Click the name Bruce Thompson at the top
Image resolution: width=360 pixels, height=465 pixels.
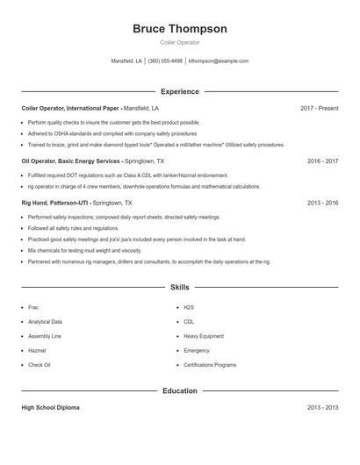179,29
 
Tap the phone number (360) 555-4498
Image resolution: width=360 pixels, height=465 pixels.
165,61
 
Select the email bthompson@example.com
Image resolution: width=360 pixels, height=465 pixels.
219,61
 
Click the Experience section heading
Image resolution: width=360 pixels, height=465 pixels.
179,91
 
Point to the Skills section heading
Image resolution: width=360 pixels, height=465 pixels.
179,287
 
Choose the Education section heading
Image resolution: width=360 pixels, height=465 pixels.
179,391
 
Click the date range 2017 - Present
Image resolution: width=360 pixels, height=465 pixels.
319,108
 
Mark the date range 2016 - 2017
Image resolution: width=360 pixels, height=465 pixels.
322,161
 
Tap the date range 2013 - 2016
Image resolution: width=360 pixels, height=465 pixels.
322,203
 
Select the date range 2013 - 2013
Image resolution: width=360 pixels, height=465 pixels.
322,408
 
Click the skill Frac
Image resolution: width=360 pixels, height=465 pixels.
34,308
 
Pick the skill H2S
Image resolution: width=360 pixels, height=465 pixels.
189,308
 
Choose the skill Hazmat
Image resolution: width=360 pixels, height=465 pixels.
38,350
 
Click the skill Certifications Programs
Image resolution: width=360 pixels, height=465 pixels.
210,364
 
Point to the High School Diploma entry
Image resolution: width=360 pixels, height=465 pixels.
50,408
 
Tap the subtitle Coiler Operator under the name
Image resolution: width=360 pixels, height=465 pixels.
179,42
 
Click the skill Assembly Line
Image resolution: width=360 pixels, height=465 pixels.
45,336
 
